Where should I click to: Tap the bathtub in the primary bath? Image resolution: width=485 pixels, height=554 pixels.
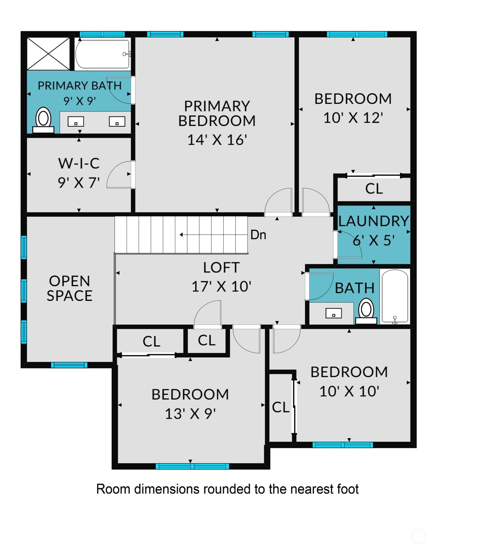(102, 54)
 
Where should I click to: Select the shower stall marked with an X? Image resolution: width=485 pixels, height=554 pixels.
(48, 53)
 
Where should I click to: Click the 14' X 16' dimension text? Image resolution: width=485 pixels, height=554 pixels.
(217, 140)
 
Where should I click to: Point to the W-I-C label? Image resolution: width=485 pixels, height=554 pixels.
(79, 163)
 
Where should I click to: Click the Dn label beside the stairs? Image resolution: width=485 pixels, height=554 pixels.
(258, 235)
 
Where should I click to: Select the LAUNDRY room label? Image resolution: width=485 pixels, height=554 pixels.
(373, 221)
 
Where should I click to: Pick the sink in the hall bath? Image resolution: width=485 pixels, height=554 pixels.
(333, 313)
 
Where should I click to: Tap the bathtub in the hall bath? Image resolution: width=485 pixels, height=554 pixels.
(395, 296)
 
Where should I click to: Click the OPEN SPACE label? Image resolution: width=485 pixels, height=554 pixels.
(69, 288)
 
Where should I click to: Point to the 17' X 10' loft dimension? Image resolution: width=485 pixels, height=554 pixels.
(221, 287)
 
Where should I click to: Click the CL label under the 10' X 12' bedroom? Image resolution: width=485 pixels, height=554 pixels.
(374, 189)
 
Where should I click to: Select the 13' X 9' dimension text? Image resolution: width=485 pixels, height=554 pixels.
(190, 414)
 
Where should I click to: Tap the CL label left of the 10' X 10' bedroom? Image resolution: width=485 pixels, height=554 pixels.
(281, 407)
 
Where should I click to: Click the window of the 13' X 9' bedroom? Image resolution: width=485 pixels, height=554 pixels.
(192, 466)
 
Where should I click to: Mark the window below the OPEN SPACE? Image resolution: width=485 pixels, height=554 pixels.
(69, 365)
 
